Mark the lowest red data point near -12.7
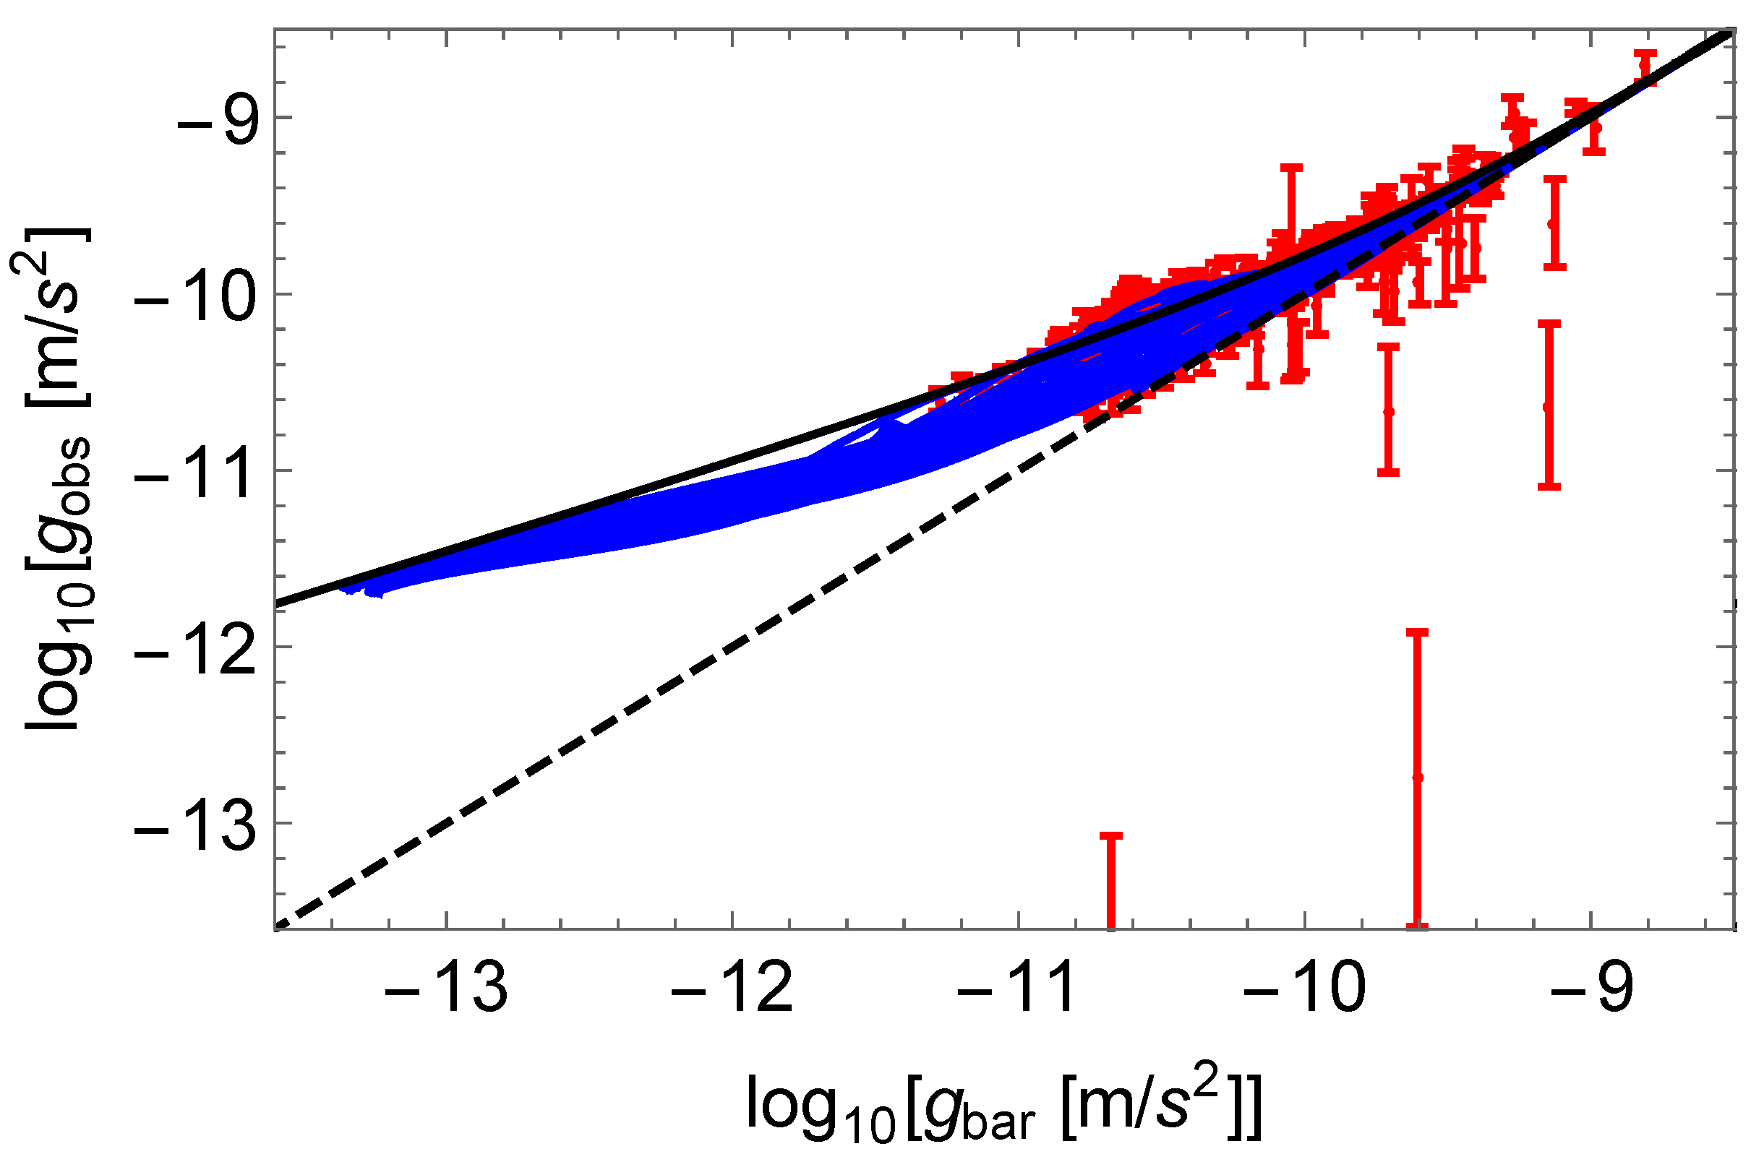tap(1418, 778)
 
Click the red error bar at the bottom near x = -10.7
tap(1110, 882)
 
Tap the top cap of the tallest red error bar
tap(1417, 632)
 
